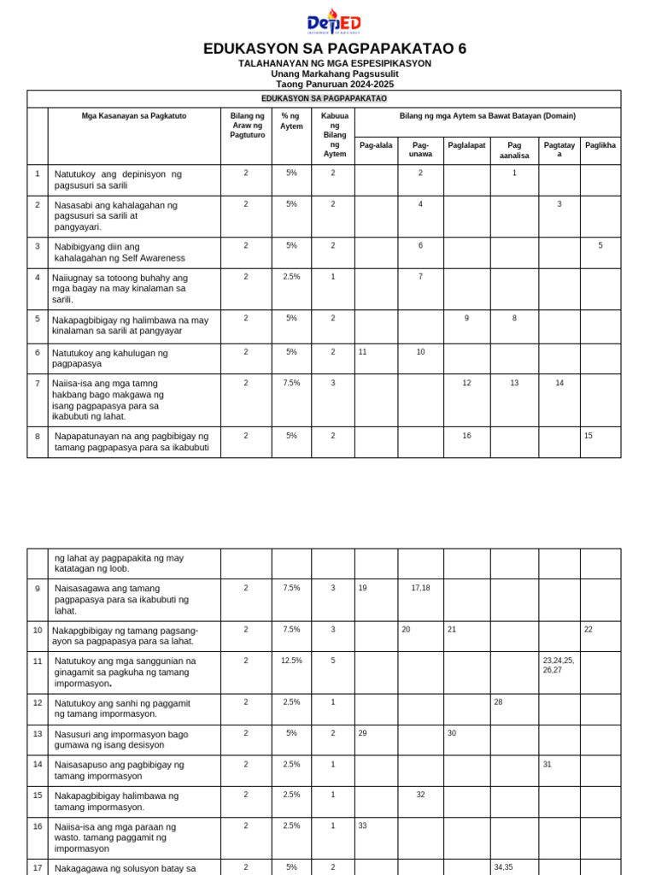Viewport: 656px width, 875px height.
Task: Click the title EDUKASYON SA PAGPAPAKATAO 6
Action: coord(335,49)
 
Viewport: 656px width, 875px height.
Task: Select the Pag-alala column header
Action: coord(376,145)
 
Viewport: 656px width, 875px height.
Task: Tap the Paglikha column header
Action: coord(600,145)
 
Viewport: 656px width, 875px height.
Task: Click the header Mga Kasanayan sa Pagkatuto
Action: coord(134,115)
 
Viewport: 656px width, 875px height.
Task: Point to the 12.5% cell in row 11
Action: coord(291,661)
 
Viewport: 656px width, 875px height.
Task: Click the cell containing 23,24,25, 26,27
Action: coord(559,665)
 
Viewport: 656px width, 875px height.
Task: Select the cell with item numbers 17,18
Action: coord(420,588)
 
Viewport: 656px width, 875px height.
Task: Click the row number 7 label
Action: coord(38,383)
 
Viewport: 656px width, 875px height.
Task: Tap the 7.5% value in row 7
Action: coord(291,383)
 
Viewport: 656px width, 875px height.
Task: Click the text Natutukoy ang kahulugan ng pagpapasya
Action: coord(109,357)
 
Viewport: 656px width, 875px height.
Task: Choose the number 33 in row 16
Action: coord(362,825)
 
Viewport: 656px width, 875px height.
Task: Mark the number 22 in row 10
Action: coord(589,629)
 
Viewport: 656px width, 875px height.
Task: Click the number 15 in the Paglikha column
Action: coord(589,436)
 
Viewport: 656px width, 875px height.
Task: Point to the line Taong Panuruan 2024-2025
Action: coord(335,85)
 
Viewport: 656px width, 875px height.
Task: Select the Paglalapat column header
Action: coord(466,145)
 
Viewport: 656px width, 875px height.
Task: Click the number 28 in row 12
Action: coord(498,702)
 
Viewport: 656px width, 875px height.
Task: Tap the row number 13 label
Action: coord(38,733)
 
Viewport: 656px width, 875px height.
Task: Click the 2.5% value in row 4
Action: coord(291,277)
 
